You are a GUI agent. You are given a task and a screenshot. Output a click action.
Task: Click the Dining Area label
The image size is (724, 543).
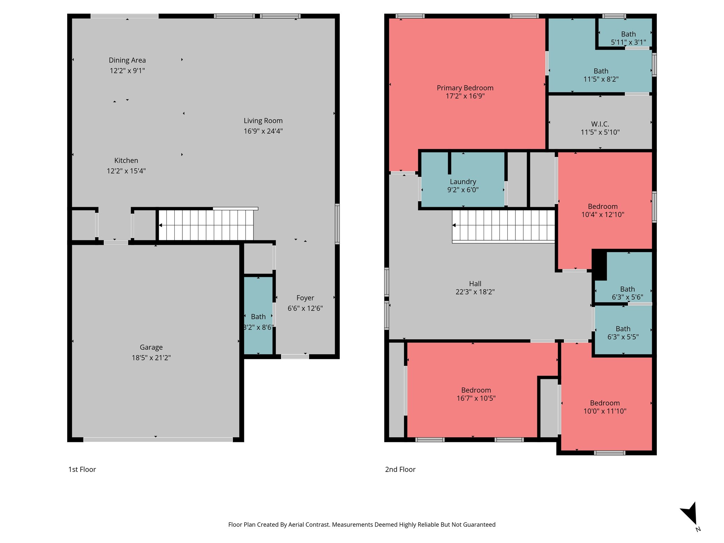[x=127, y=60]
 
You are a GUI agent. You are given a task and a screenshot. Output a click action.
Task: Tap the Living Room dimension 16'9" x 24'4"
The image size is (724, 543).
[x=263, y=131]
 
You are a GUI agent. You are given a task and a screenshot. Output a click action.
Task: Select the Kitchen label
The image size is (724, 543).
[x=126, y=160]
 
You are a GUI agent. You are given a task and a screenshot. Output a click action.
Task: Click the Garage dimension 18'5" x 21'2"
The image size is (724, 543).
[x=151, y=358]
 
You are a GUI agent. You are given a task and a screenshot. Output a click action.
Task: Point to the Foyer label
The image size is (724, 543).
[x=305, y=298]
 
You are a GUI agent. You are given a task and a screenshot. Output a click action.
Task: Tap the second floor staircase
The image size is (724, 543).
[x=503, y=226]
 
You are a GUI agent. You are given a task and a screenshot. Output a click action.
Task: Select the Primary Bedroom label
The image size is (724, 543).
[x=465, y=88]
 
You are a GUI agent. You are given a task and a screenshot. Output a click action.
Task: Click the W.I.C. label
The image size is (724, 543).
[x=600, y=124]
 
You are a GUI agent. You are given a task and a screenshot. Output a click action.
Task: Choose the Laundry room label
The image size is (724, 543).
[x=463, y=182]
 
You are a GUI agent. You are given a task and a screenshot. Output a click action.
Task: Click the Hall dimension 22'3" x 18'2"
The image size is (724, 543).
[x=475, y=292]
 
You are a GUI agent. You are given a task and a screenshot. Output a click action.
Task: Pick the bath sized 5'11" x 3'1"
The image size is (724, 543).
[x=628, y=38]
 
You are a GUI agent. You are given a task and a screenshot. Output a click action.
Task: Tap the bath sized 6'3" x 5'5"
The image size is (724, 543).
[x=623, y=333]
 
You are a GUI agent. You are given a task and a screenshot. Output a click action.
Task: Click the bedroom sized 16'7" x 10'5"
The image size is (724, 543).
[x=476, y=394]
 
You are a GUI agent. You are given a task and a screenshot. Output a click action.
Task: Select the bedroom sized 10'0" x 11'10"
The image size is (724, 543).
[x=605, y=407]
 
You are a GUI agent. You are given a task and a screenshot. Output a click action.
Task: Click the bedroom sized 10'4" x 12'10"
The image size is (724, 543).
[x=602, y=210]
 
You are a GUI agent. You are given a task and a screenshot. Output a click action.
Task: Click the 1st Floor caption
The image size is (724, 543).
[x=82, y=469]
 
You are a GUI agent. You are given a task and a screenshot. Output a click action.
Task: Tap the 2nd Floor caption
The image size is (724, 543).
[x=400, y=469]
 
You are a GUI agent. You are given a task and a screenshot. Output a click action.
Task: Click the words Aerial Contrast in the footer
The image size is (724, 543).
[x=309, y=525]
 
